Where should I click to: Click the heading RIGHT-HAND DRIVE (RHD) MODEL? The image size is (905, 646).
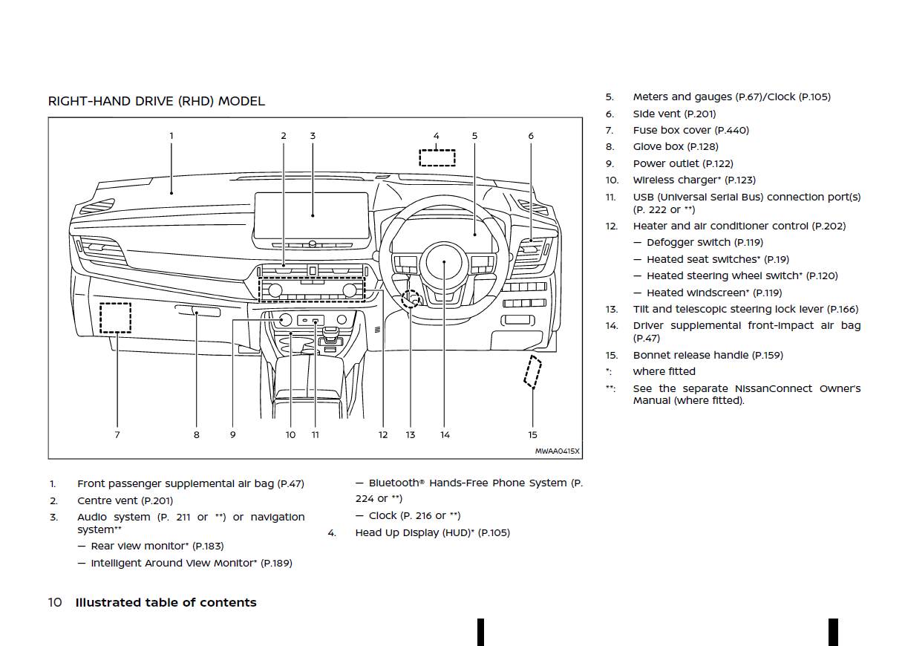pos(156,102)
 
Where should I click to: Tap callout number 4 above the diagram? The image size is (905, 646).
pos(437,136)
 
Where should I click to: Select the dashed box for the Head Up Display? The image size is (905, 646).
pos(437,157)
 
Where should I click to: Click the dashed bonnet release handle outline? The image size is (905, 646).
pos(532,371)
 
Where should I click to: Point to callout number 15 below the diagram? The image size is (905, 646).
pos(532,435)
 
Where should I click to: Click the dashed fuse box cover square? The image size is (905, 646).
pos(116,317)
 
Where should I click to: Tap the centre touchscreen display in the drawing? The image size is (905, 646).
pos(312,215)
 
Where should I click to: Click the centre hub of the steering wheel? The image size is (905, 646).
pos(444,262)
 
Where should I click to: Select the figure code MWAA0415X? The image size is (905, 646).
pos(558,451)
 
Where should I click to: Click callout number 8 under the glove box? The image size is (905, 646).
pos(197,435)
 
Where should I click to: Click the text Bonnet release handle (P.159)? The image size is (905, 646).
pos(708,356)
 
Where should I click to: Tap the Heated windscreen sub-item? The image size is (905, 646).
pos(713,293)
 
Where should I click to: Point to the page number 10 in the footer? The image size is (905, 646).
pos(55,603)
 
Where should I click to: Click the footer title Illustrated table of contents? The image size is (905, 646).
pos(166,603)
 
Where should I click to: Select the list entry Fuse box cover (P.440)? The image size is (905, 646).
pos(690,131)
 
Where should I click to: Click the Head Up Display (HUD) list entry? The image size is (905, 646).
pos(432,533)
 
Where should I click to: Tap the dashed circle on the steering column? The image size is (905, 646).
pos(410,299)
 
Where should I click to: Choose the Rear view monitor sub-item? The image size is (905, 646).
pos(157,547)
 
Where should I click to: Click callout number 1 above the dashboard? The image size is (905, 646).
pos(171,136)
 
